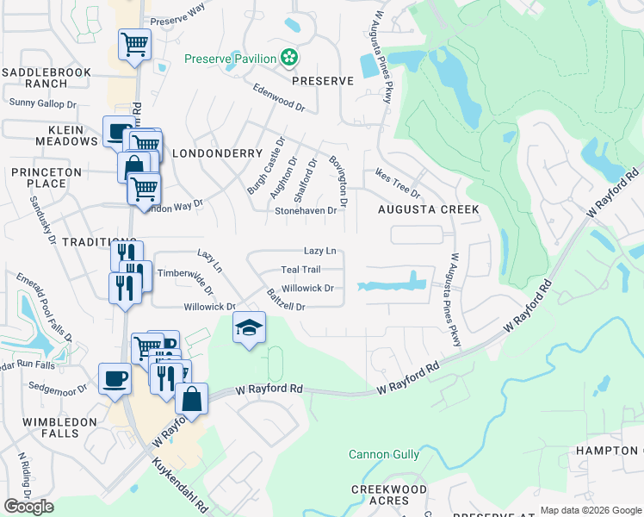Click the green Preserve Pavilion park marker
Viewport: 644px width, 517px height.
click(290, 59)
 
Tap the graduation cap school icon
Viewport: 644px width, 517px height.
click(249, 327)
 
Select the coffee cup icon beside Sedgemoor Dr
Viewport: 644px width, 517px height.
click(115, 379)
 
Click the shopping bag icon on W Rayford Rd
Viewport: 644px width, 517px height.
click(191, 399)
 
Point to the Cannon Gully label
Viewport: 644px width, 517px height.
click(384, 454)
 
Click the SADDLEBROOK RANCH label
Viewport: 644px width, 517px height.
click(34, 78)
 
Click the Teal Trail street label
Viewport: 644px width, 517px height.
click(300, 270)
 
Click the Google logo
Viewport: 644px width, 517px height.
click(28, 507)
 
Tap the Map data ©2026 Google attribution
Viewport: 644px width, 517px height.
click(591, 510)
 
